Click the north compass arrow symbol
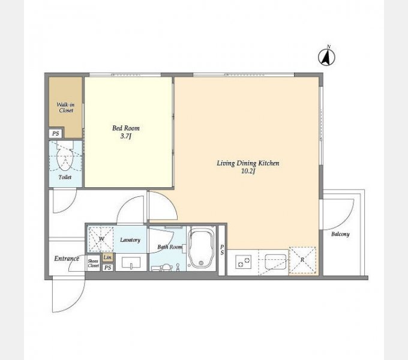[326, 57]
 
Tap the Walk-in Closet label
[65, 107]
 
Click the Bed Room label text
[126, 128]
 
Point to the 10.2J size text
[248, 171]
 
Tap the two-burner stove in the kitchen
[243, 262]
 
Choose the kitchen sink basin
[275, 261]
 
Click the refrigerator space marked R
[302, 260]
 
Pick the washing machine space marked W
[101, 239]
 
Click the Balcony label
[340, 234]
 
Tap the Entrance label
[67, 259]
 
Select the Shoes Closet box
[93, 263]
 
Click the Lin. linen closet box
[108, 257]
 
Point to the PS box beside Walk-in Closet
[55, 133]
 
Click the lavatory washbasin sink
[131, 262]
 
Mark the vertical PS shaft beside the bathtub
[221, 250]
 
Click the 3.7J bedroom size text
[125, 136]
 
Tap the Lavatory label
[130, 240]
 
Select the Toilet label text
[65, 177]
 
